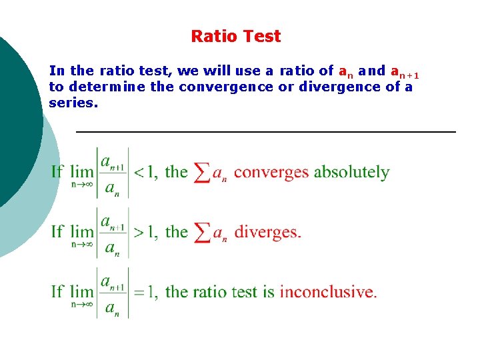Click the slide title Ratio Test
[236, 36]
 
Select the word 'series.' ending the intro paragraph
[73, 103]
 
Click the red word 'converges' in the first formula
[271, 172]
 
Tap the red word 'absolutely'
[351, 172]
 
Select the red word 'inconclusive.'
[328, 292]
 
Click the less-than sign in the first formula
[139, 173]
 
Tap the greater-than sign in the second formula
[139, 233]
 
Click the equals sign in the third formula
[139, 292]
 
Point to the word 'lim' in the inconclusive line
[82, 292]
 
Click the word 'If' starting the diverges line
[57, 232]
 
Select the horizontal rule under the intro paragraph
[266, 133]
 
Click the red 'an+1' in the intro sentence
[404, 71]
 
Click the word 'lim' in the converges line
[82, 172]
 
